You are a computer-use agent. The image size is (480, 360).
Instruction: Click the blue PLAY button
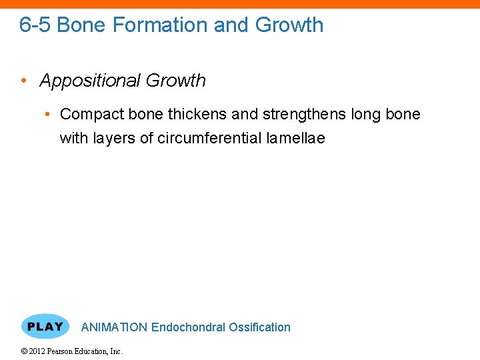pyautogui.click(x=45, y=327)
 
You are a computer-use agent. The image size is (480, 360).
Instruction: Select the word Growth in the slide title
pyautogui.click(x=290, y=25)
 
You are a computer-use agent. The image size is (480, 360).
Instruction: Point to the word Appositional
pyautogui.click(x=90, y=81)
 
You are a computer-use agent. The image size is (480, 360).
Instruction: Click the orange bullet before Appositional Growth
pyautogui.click(x=23, y=81)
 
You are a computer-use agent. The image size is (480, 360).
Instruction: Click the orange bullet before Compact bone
pyautogui.click(x=49, y=115)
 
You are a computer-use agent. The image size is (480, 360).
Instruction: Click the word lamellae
pyautogui.click(x=295, y=139)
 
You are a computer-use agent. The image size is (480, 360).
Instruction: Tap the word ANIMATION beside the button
pyautogui.click(x=114, y=327)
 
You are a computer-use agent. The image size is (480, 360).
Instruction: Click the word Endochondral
pyautogui.click(x=189, y=327)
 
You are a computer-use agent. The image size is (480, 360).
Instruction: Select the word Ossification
pyautogui.click(x=260, y=327)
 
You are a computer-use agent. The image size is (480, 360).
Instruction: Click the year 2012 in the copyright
pyautogui.click(x=38, y=351)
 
